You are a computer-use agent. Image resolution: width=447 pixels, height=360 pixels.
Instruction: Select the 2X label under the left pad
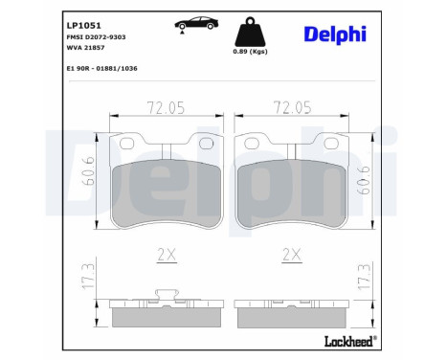coord(168,254)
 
